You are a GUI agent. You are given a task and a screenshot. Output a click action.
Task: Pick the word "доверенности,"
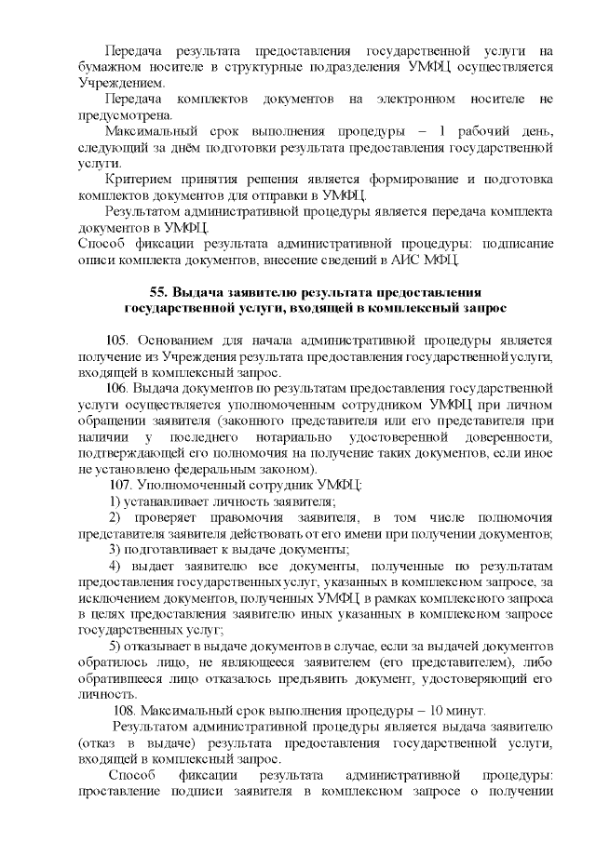(x=508, y=435)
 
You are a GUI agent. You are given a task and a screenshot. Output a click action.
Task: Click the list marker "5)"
(x=116, y=647)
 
